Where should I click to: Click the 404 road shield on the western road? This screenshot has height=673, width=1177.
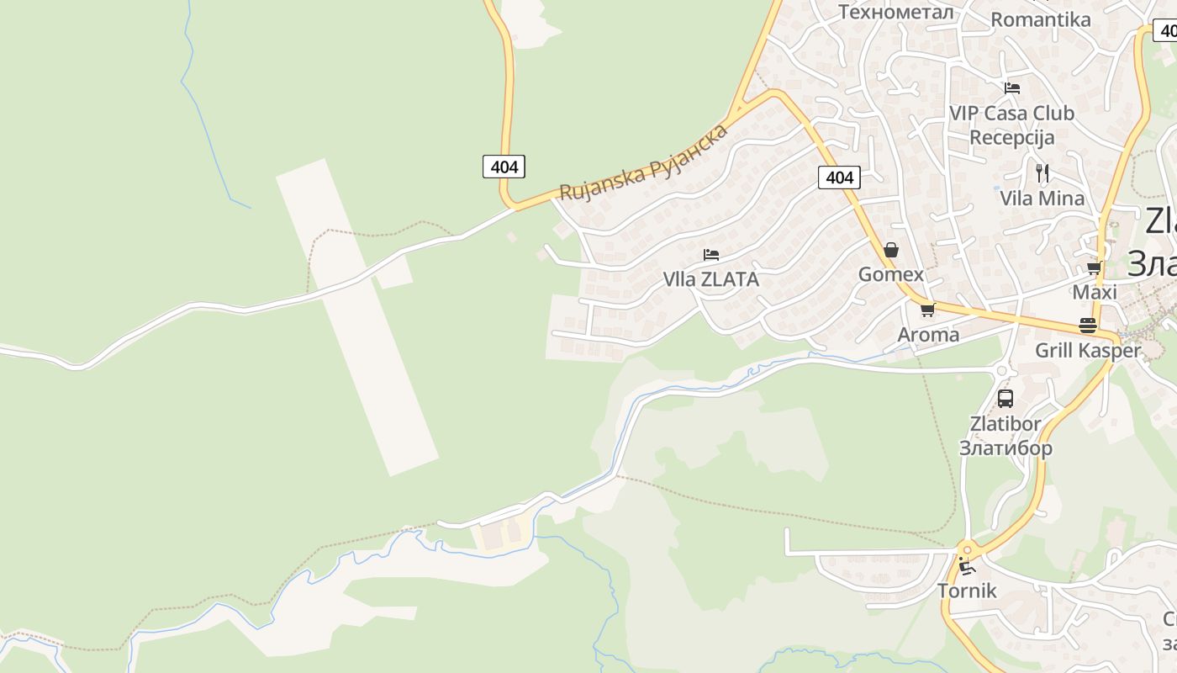(x=504, y=167)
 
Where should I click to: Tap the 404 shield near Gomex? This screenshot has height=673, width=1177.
(x=839, y=177)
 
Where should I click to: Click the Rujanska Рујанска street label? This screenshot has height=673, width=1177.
(x=643, y=163)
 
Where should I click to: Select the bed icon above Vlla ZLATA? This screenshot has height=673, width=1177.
(x=711, y=254)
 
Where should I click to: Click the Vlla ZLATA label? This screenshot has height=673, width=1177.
(x=711, y=279)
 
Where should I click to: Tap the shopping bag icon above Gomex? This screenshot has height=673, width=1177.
(x=891, y=250)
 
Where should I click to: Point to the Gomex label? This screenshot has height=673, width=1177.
(x=891, y=274)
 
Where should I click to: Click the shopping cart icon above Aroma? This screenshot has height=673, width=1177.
(x=928, y=310)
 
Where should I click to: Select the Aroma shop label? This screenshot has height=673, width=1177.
(x=928, y=335)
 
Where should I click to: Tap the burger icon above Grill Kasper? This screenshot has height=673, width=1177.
(x=1088, y=326)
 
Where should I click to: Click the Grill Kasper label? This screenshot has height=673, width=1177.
(x=1088, y=351)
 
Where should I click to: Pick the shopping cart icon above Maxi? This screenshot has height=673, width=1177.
(x=1094, y=268)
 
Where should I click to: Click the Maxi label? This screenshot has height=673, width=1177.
(x=1095, y=292)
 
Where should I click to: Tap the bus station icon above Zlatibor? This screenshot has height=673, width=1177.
(x=1005, y=399)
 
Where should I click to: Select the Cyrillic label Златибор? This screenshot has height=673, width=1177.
(x=1005, y=448)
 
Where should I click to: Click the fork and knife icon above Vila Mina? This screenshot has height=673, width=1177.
(x=1042, y=173)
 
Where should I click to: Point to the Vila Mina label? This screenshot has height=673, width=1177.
(x=1042, y=199)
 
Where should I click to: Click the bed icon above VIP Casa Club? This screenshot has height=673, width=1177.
(x=1012, y=87)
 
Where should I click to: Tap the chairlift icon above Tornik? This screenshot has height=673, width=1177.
(x=967, y=566)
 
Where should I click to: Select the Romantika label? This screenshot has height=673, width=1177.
(x=1041, y=19)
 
